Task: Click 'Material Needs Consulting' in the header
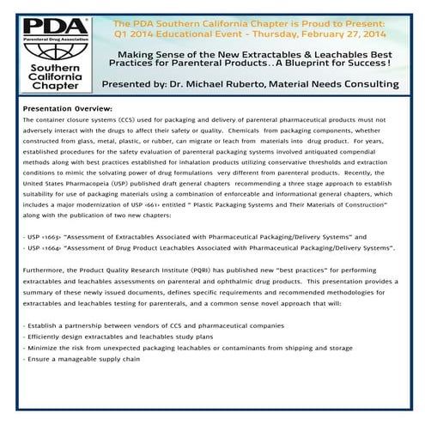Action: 346,84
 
